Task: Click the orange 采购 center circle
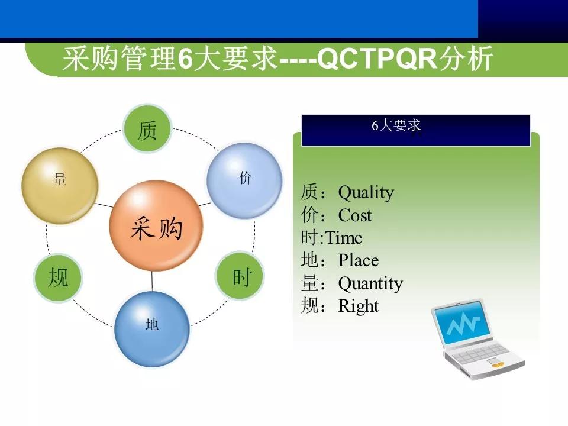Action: coord(156,227)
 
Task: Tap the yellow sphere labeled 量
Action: coord(60,185)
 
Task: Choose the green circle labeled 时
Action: coord(240,277)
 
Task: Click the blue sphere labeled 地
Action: coord(152,328)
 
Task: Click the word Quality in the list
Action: coord(366,193)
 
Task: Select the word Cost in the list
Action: coord(354,215)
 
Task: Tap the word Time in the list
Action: coord(344,238)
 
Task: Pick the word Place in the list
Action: coord(358,261)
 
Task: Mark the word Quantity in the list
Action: coord(370,283)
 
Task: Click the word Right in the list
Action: coord(358,306)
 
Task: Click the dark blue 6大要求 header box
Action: coord(416,130)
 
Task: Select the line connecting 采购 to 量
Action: coord(104,205)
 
